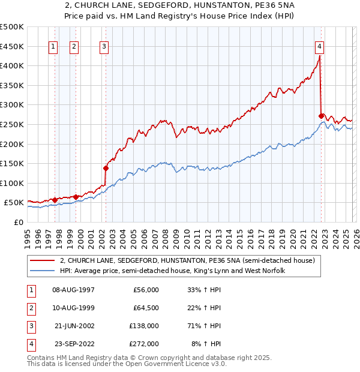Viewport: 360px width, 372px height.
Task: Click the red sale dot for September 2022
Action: coord(322,116)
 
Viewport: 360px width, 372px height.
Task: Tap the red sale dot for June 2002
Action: coord(106,168)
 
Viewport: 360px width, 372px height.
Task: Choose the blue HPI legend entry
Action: coord(172,271)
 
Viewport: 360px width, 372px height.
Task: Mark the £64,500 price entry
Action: coord(146,308)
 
